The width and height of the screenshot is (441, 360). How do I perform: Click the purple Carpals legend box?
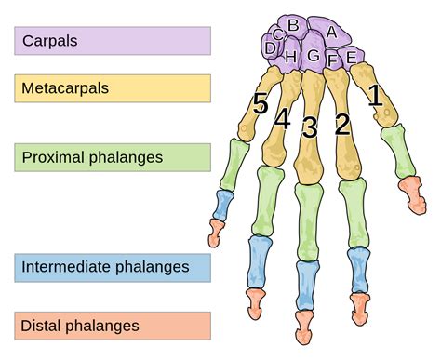113,41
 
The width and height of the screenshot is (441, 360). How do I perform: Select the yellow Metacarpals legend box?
113,88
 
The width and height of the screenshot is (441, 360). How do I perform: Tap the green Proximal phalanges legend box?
113,156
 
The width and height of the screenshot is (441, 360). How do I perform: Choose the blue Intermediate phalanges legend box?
113,268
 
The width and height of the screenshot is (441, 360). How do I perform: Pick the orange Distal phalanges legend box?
113,326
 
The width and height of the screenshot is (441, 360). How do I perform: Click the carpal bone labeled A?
330,33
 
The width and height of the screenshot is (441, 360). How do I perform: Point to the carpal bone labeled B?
292,25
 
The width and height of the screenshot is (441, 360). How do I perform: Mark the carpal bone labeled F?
332,60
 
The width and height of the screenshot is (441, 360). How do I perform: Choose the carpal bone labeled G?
314,56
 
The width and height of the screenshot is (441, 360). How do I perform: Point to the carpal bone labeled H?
291,57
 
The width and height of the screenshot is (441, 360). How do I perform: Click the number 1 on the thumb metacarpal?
374,94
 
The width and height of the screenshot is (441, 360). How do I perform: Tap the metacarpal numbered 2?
341,123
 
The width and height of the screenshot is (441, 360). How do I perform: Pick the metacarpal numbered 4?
282,120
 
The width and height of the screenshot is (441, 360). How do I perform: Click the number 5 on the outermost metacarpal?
260,102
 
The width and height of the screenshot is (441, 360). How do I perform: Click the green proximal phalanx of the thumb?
397,151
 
